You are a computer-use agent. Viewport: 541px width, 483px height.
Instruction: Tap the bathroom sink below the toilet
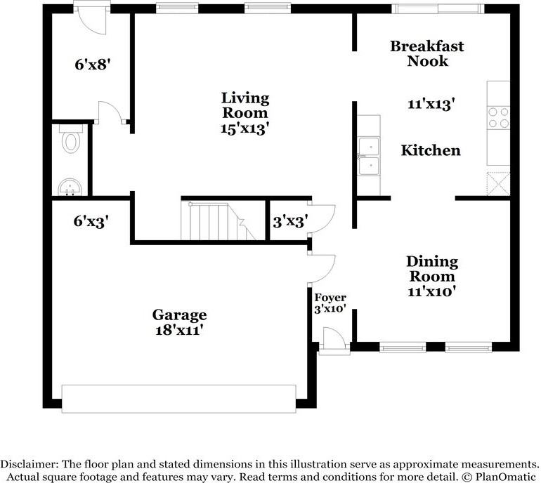(70, 187)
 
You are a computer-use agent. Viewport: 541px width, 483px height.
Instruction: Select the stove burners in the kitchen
(498, 117)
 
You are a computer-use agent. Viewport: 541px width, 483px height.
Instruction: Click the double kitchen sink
(369, 157)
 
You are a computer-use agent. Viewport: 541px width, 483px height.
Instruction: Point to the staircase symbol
(219, 220)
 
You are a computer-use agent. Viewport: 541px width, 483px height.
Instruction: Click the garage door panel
(178, 399)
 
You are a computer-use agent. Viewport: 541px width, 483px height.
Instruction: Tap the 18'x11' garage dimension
(178, 330)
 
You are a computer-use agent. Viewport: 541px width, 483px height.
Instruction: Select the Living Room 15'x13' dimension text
(245, 128)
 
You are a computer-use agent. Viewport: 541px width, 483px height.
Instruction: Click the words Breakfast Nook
(427, 53)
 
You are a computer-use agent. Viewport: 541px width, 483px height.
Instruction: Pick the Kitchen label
(431, 150)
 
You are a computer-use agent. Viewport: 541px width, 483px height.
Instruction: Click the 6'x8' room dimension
(93, 64)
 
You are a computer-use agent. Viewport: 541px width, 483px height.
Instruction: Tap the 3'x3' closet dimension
(290, 222)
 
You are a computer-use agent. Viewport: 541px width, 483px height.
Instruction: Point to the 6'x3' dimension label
(91, 221)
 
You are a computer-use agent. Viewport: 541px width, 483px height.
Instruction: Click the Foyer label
(330, 297)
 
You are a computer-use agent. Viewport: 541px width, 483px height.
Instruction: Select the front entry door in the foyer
(334, 340)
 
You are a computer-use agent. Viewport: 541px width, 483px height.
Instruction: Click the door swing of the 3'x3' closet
(321, 218)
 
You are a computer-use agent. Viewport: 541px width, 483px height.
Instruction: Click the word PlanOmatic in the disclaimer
(506, 477)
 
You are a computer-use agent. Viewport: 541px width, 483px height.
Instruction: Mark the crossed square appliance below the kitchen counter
(498, 183)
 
